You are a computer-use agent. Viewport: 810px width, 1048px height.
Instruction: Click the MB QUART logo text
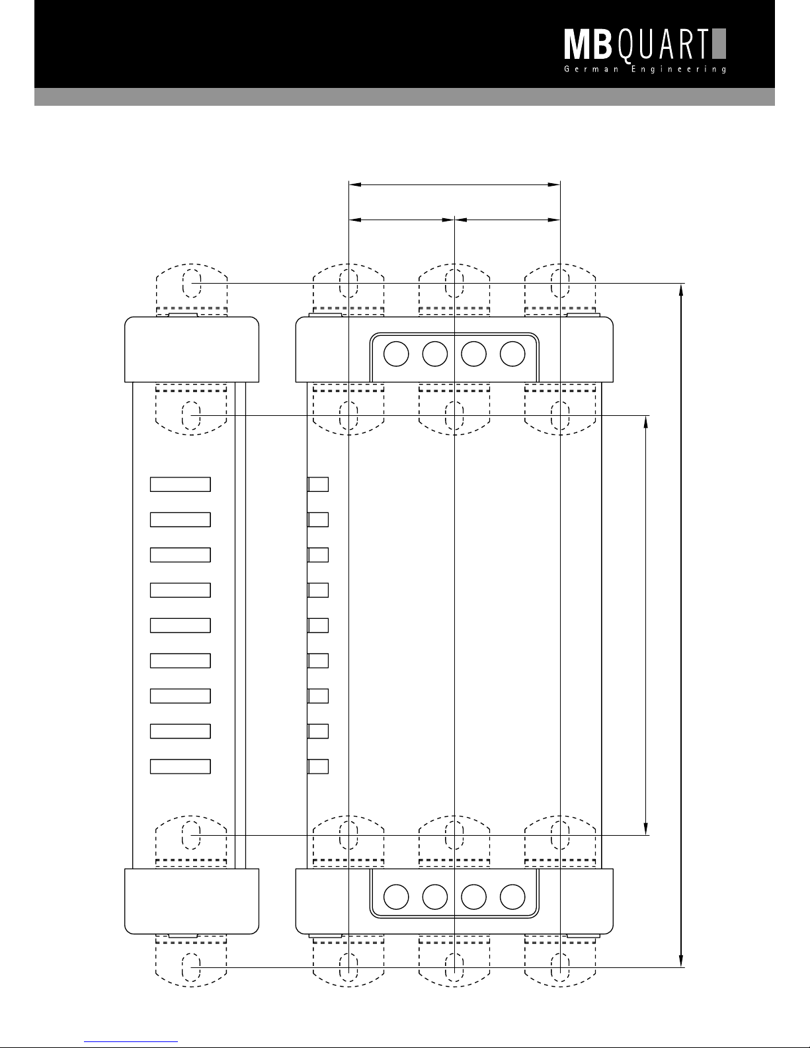637,46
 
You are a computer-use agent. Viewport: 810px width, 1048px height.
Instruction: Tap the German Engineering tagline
645,69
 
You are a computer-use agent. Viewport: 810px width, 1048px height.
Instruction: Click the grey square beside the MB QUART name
719,44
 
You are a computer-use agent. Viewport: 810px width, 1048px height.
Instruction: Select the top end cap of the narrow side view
192,349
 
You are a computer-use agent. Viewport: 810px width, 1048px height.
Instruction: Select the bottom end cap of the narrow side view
192,901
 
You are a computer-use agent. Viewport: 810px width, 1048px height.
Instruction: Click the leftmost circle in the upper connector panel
396,354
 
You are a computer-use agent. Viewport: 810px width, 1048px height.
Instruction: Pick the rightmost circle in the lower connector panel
512,897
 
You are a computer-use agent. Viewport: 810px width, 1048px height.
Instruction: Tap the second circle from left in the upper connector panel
435,354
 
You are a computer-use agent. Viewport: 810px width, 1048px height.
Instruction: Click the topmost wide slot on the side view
181,484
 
